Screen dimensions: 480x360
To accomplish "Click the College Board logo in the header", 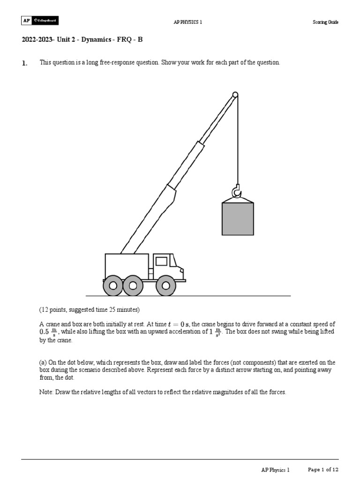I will [x=40, y=21].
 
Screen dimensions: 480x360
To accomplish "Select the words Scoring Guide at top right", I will [x=325, y=22].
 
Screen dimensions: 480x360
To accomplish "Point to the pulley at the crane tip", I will [x=235, y=95].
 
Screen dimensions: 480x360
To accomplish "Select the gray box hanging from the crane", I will [x=238, y=218].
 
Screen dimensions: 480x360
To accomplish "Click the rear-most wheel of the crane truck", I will [x=112, y=285].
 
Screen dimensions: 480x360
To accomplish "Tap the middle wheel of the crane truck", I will [x=133, y=285].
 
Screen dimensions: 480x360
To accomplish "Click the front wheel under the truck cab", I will [x=165, y=285].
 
